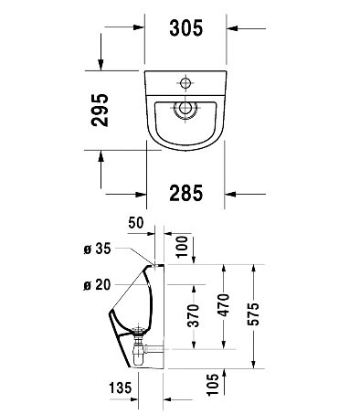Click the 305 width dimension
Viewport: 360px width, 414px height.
tap(185, 28)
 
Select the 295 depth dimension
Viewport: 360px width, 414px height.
tap(100, 110)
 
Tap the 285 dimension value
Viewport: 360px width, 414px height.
tap(185, 193)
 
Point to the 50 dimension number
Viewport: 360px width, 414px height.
tap(135, 223)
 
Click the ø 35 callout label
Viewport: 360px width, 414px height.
tap(97, 249)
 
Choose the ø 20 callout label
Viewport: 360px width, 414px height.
tap(97, 285)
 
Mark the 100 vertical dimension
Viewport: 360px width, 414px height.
tap(183, 247)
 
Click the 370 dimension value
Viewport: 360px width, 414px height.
tap(193, 315)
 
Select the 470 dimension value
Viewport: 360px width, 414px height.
tap(224, 305)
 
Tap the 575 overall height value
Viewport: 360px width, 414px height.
tap(253, 314)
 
